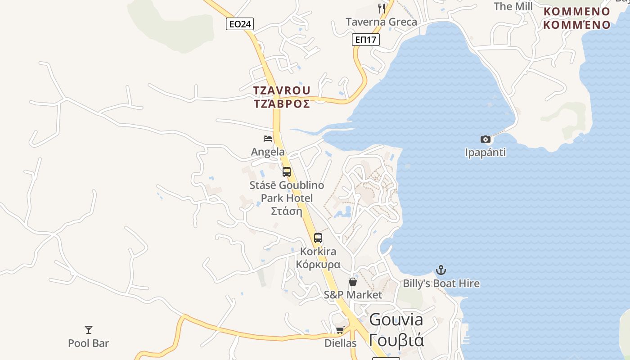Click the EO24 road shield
[240, 24]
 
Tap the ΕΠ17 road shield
[365, 40]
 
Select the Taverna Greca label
[381, 22]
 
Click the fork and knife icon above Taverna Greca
[382, 8]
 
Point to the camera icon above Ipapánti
[485, 139]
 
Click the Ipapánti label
[485, 153]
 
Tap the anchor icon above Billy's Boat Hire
[441, 270]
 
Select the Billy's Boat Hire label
[441, 283]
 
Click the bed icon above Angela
[268, 139]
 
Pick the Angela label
[268, 152]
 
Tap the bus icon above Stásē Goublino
[287, 172]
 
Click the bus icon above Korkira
[318, 238]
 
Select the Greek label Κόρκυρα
[318, 264]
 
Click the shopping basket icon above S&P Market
[353, 282]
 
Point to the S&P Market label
[353, 295]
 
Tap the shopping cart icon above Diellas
[340, 330]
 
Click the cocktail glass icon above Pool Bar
[89, 330]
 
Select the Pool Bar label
[89, 343]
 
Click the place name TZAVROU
[282, 90]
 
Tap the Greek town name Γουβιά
[396, 340]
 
